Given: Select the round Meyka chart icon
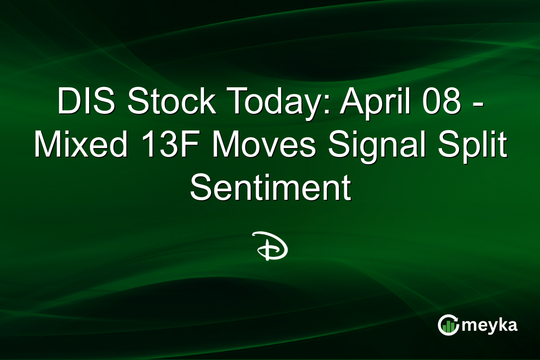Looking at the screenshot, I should [448, 325].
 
